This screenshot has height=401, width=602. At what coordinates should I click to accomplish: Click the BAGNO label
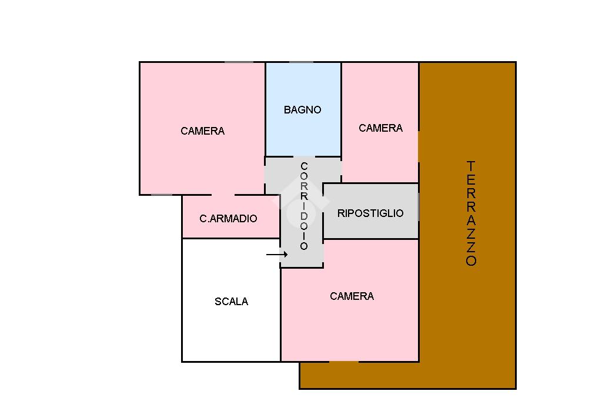(302, 110)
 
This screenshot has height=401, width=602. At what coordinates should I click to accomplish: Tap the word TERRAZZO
(471, 213)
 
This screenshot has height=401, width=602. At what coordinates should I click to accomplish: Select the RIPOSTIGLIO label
(370, 213)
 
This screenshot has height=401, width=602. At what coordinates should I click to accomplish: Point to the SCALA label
(231, 302)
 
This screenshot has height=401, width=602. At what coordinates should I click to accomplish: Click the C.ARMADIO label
(228, 219)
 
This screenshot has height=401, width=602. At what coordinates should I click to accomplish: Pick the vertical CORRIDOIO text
(304, 206)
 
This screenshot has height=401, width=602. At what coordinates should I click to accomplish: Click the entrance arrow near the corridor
(276, 255)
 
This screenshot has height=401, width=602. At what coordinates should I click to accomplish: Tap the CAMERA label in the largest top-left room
(202, 131)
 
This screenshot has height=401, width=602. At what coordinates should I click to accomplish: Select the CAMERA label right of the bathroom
(380, 128)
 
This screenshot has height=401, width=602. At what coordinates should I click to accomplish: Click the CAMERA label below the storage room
(352, 296)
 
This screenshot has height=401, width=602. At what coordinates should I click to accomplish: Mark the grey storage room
(370, 226)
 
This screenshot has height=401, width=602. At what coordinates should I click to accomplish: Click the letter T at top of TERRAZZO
(471, 166)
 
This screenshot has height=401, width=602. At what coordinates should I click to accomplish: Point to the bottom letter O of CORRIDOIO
(304, 246)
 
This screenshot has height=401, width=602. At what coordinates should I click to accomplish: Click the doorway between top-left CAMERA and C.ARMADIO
(223, 195)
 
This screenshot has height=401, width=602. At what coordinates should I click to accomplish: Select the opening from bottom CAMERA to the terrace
(344, 361)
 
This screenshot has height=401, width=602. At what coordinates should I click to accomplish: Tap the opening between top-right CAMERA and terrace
(419, 146)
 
